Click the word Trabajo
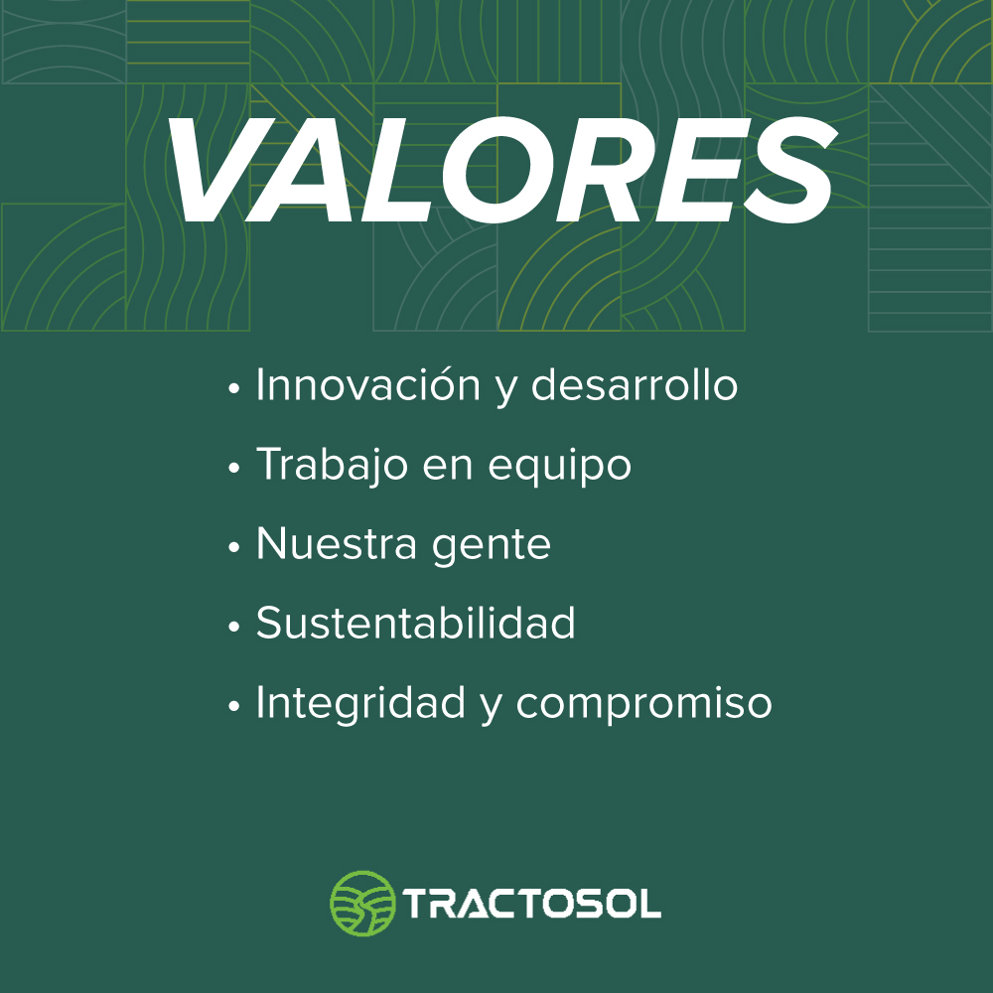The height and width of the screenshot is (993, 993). (332, 466)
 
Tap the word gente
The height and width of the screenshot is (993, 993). (492, 546)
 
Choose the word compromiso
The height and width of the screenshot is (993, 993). (644, 704)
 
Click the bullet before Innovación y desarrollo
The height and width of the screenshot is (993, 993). (233, 387)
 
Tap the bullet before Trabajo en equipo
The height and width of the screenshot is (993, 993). (233, 468)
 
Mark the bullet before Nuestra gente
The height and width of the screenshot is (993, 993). (233, 546)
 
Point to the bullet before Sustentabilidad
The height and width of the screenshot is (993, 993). (233, 626)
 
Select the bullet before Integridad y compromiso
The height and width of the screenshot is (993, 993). (233, 705)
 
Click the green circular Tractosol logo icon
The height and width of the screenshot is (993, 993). (362, 903)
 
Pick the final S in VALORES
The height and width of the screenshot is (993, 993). (790, 170)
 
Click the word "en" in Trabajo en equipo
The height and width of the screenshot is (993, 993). (448, 468)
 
